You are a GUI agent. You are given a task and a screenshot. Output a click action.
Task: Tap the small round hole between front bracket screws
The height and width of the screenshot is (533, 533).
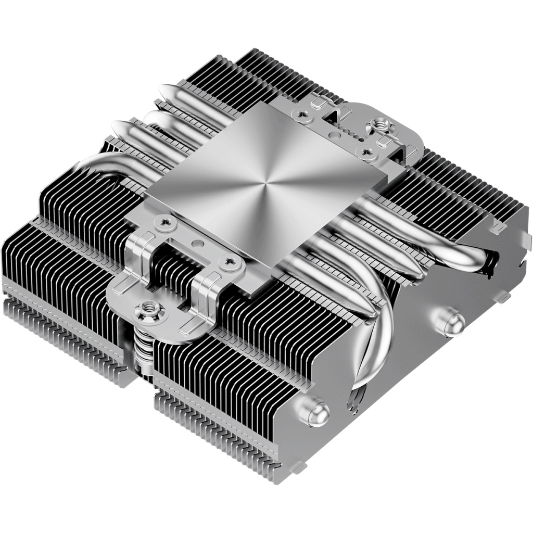[x=196, y=243]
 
